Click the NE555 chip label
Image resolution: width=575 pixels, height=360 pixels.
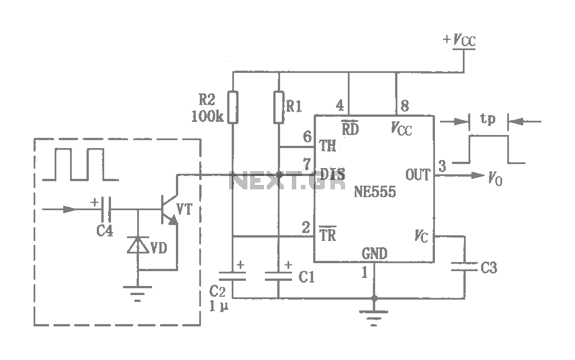[x=375, y=191]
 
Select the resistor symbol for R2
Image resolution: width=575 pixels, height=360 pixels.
[x=233, y=107]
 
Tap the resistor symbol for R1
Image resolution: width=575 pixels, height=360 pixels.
[x=279, y=107]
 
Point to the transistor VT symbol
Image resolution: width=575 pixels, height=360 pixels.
[x=170, y=210]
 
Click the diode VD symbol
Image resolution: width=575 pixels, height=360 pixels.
[x=138, y=245]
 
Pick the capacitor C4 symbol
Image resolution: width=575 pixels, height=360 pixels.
[x=106, y=210]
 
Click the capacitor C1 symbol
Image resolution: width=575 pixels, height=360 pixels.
[x=278, y=276]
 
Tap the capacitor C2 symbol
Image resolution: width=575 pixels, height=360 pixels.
[x=232, y=276]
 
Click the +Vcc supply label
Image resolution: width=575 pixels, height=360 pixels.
[x=459, y=40]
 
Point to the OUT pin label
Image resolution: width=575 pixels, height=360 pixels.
[x=418, y=175]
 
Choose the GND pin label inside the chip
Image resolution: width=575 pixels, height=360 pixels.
[x=375, y=253]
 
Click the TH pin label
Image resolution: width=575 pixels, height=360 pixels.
[x=327, y=146]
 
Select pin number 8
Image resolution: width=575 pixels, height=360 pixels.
[x=404, y=106]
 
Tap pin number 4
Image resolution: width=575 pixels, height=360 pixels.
[x=340, y=106]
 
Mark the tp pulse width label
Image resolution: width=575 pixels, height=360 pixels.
[x=488, y=118]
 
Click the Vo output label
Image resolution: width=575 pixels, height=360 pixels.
[x=495, y=178]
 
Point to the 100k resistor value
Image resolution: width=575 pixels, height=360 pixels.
[x=207, y=116]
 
